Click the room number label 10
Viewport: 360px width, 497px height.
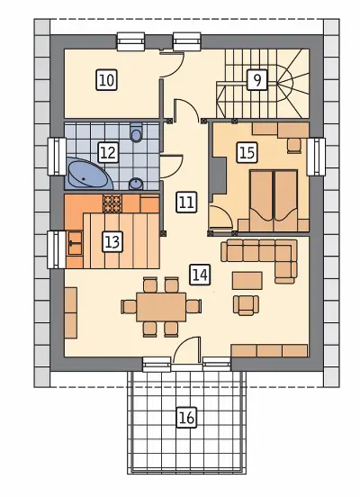point(106,80)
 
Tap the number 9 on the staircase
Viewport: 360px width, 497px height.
point(257,80)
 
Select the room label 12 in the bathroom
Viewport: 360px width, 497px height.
point(108,153)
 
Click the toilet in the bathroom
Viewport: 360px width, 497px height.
point(136,132)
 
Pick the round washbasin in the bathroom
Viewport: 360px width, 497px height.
point(136,184)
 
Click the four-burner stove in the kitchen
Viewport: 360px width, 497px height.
point(112,203)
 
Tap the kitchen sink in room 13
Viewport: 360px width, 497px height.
point(75,243)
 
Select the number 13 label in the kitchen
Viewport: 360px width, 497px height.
point(112,242)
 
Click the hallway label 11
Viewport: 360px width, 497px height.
point(186,203)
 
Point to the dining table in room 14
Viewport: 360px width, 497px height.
point(161,307)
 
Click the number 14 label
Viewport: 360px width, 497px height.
point(201,275)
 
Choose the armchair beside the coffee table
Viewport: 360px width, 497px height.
point(246,305)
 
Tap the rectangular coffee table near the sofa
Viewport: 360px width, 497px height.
point(247,281)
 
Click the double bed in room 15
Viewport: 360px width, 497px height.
point(274,201)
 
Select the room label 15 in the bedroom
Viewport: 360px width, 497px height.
point(247,153)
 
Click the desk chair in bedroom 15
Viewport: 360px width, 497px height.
point(294,146)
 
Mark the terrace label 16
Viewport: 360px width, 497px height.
point(186,418)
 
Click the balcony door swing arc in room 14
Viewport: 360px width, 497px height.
point(184,343)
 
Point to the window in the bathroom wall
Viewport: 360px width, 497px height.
point(57,156)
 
